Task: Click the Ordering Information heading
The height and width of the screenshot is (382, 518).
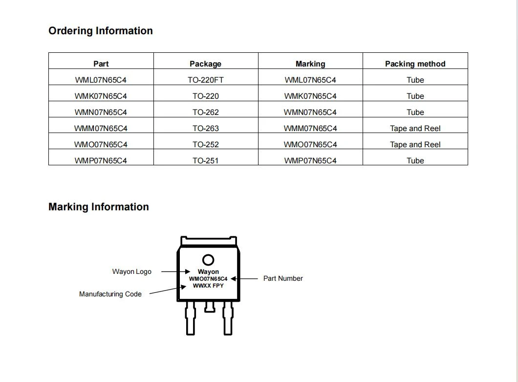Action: point(101,31)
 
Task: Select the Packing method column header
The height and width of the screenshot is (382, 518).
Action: point(415,64)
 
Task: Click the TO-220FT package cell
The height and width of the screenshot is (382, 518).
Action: point(205,80)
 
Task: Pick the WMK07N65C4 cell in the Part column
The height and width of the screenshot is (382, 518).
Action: point(101,96)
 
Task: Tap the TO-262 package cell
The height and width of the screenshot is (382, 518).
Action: point(205,112)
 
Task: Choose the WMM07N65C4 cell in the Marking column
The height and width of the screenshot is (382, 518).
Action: point(310,128)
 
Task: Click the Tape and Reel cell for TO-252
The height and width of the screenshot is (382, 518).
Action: point(415,144)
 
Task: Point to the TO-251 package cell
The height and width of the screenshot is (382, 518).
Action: point(205,161)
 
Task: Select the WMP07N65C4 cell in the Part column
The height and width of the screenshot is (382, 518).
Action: point(101,161)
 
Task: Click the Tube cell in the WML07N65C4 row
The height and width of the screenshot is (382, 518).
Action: point(415,80)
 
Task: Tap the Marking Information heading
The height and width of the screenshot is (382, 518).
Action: point(98,207)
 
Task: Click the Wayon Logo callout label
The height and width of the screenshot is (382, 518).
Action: point(132,272)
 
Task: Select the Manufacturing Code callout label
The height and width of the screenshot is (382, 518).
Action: point(110,294)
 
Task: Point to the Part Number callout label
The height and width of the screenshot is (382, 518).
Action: point(283,278)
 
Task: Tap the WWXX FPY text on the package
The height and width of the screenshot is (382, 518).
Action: point(208,286)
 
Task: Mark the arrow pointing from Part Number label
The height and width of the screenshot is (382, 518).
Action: point(244,279)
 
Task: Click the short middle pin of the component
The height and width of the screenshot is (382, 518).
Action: point(210,307)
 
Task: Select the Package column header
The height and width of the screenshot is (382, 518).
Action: point(205,64)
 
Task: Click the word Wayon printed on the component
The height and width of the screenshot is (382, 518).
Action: point(208,272)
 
